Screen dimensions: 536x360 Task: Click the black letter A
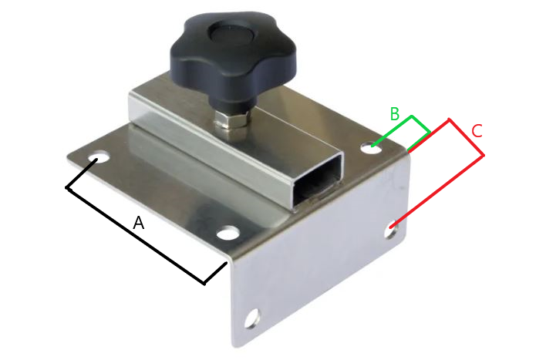pyautogui.click(x=139, y=223)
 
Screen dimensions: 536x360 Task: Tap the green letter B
pyautogui.click(x=394, y=114)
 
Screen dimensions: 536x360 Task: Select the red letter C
pyautogui.click(x=477, y=131)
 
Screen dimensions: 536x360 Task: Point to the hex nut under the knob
pyautogui.click(x=231, y=123)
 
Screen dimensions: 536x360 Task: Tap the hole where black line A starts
pyautogui.click(x=99, y=158)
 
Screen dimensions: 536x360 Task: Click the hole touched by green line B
pyautogui.click(x=372, y=147)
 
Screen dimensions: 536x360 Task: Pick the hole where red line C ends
pyautogui.click(x=392, y=230)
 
